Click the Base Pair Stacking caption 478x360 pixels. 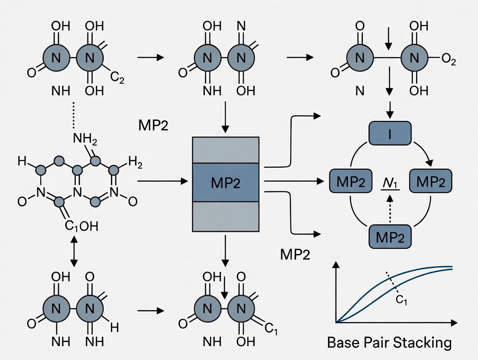389,343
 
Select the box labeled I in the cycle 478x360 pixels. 390,133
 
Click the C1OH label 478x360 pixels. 82,226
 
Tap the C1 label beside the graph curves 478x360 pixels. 401,300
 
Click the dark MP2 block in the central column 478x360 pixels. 226,183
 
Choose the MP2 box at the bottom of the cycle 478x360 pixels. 390,237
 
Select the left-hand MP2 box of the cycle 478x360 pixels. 351,181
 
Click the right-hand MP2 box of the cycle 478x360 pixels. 430,181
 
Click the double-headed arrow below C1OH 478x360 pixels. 74,251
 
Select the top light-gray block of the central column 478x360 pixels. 226,150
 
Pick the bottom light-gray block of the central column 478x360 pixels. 226,216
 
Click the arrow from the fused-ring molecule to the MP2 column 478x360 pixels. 162,181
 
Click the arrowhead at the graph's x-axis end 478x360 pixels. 454,322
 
